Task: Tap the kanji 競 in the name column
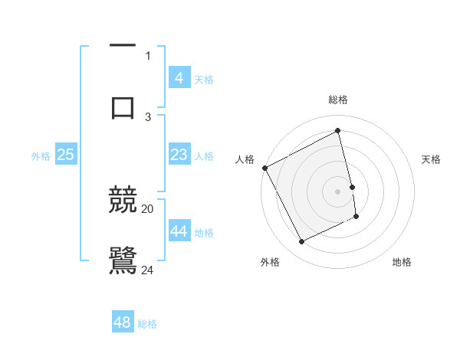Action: (x=123, y=201)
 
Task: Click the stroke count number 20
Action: (x=148, y=208)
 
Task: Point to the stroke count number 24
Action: (x=148, y=270)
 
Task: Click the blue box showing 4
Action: (x=179, y=77)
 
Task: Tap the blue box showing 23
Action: (x=179, y=155)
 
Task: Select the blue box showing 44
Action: (x=179, y=231)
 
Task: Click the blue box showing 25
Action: (x=66, y=155)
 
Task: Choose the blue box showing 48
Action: (x=123, y=322)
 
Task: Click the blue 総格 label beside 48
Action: (x=147, y=324)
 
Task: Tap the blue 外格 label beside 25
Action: (x=41, y=156)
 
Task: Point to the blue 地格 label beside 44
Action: (x=204, y=233)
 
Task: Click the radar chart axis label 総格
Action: (x=338, y=100)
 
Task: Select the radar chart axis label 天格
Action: (x=432, y=159)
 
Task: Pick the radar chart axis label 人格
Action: (x=245, y=159)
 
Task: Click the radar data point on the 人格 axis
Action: (x=264, y=168)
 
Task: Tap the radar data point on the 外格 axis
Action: (x=301, y=242)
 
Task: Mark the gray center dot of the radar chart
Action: (x=338, y=191)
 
